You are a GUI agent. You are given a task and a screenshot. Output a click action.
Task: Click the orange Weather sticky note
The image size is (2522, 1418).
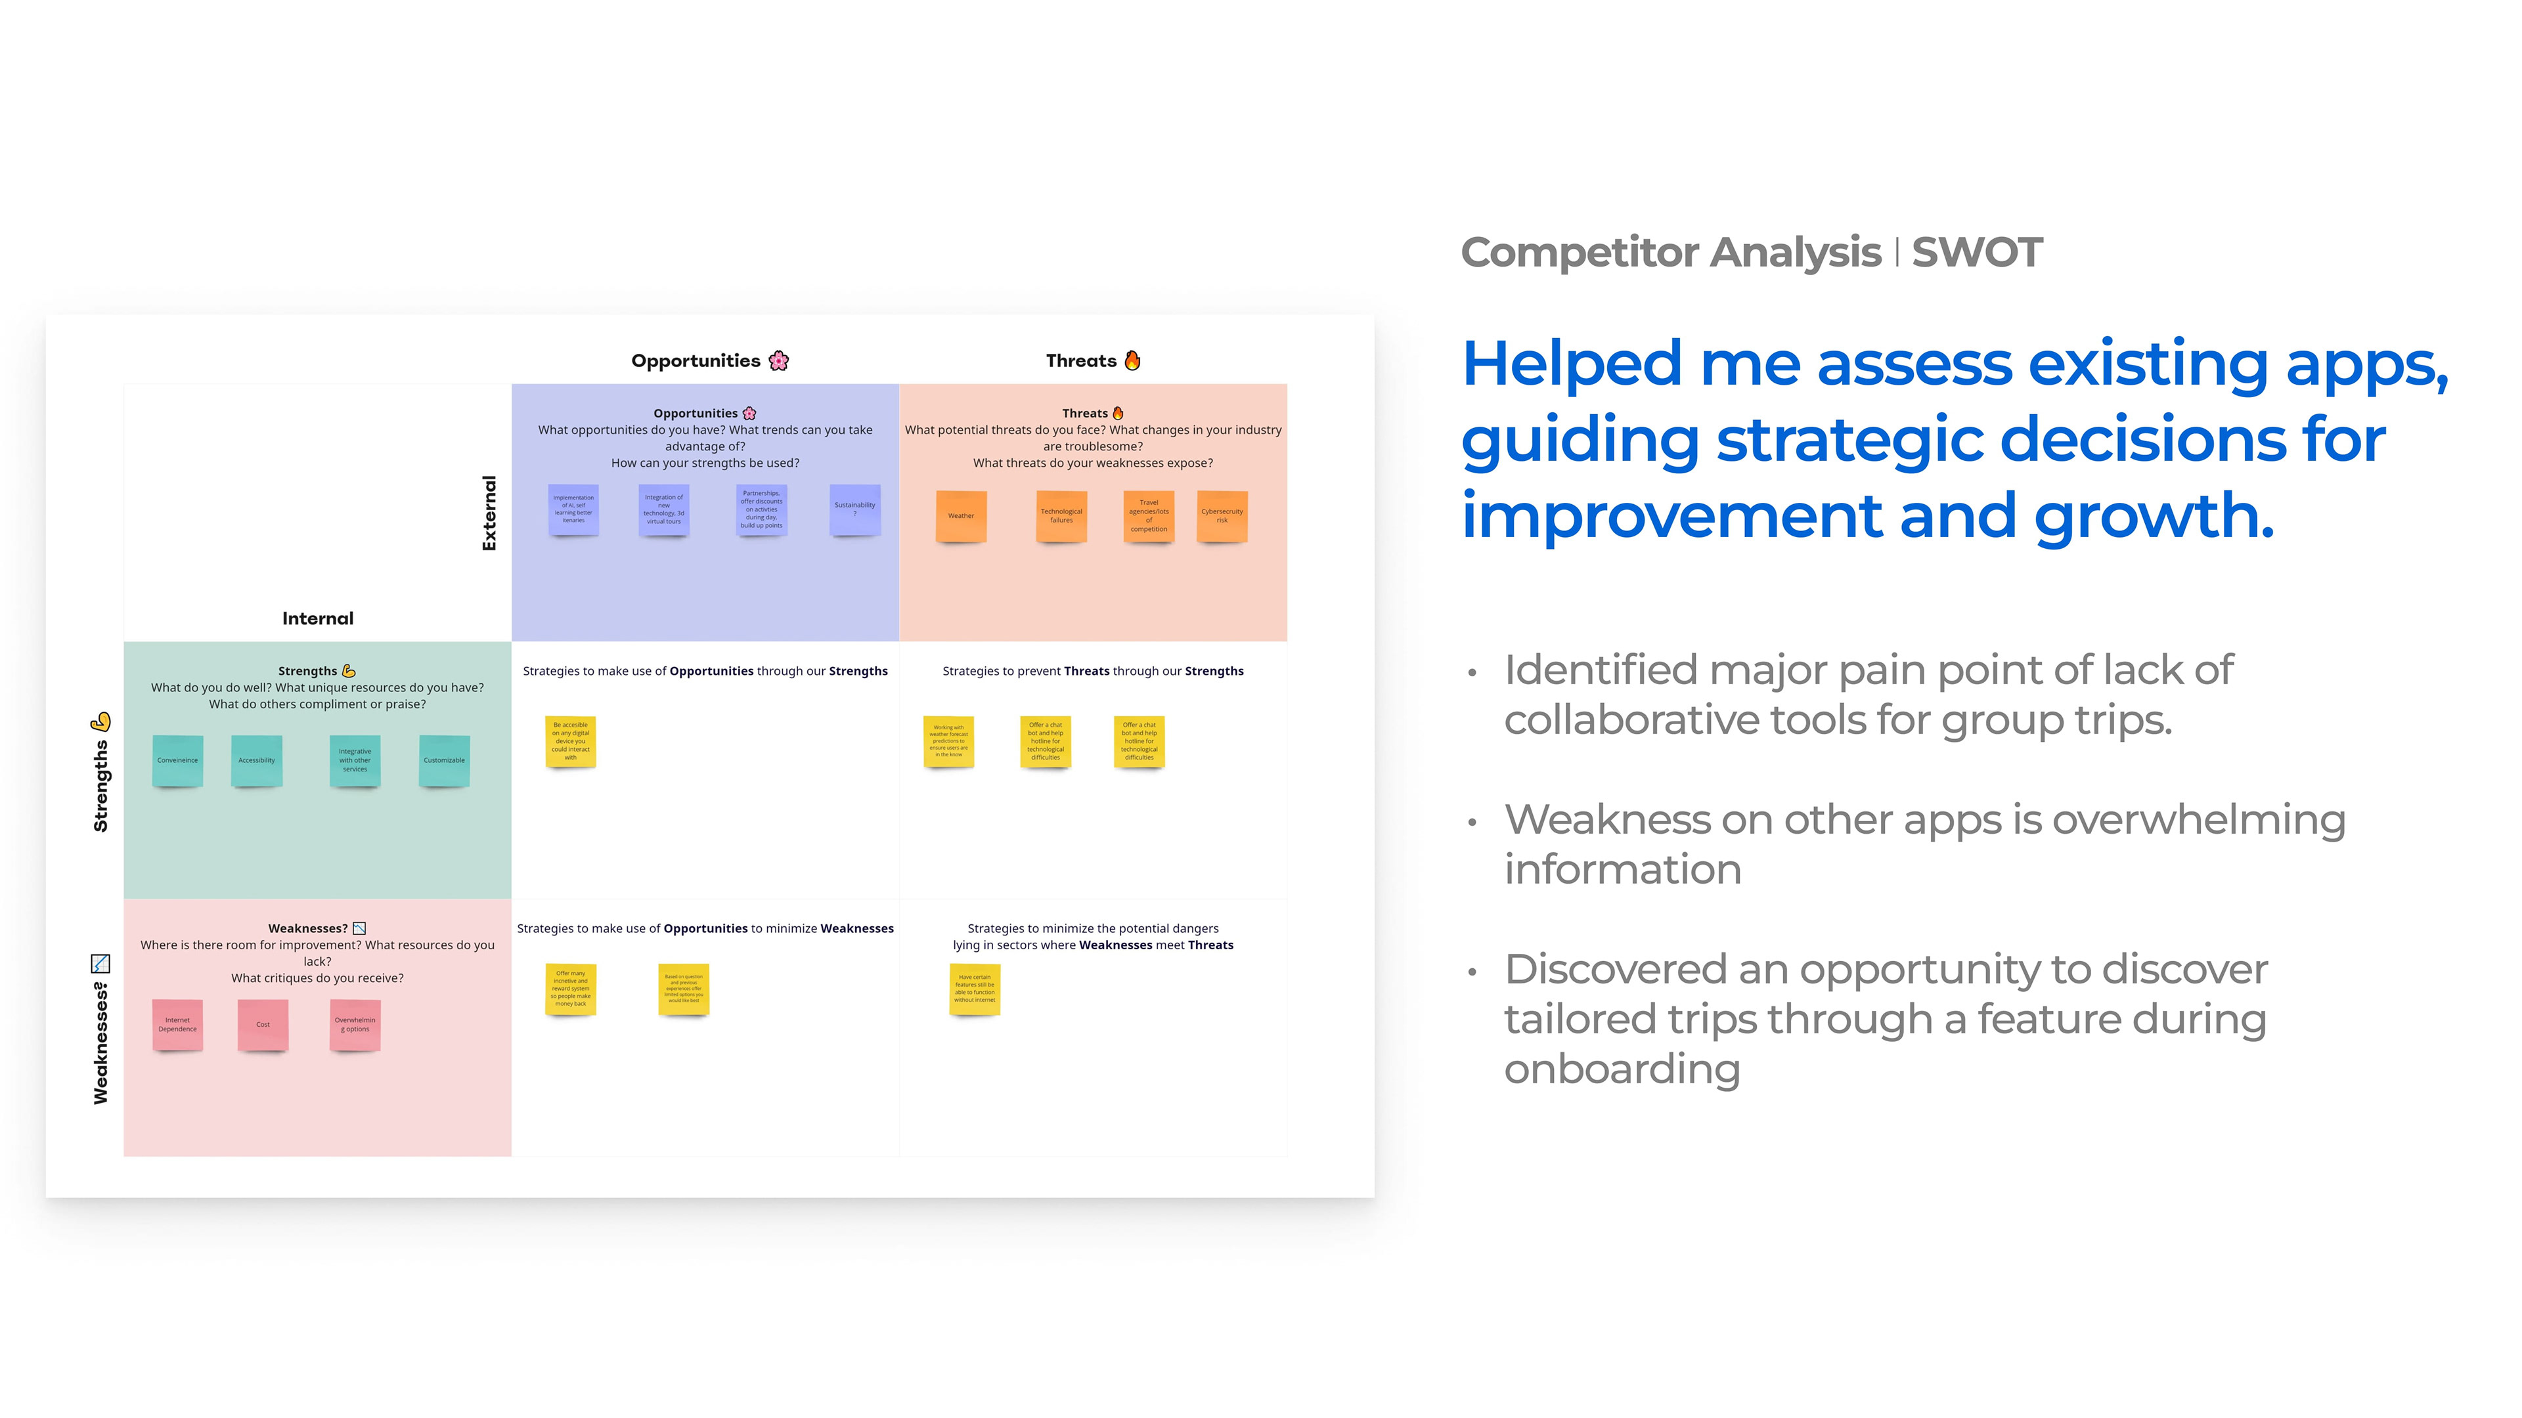pos(960,516)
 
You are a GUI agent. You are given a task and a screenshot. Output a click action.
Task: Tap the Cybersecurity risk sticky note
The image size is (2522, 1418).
pos(1222,516)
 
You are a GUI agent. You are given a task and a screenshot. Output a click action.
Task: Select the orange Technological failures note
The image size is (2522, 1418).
pos(1061,516)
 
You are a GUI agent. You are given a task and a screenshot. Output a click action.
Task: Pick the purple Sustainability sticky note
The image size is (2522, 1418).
pos(854,509)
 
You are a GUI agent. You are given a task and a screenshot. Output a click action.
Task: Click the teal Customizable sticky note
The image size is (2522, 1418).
pos(445,760)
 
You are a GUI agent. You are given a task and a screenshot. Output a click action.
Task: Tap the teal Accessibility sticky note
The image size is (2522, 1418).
pos(257,760)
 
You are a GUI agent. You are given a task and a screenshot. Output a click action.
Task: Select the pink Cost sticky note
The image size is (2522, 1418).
pos(263,1025)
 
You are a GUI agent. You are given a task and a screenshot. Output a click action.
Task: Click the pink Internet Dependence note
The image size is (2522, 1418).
pos(177,1025)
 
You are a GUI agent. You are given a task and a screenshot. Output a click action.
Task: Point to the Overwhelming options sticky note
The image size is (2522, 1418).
pos(355,1025)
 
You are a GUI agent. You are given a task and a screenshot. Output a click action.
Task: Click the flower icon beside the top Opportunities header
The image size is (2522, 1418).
pos(780,361)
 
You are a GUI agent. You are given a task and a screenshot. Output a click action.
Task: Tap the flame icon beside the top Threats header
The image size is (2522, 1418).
pos(1133,360)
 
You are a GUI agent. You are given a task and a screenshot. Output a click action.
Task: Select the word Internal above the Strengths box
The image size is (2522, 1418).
pos(317,618)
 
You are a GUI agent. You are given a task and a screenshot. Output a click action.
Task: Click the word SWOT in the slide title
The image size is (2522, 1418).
pos(1977,253)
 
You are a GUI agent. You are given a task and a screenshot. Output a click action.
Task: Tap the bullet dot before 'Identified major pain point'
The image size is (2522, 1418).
pos(1471,674)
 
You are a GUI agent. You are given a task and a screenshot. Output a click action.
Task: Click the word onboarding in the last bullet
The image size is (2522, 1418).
pos(1622,1069)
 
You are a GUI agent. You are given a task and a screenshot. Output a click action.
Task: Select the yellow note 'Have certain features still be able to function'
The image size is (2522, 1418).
pos(974,989)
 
